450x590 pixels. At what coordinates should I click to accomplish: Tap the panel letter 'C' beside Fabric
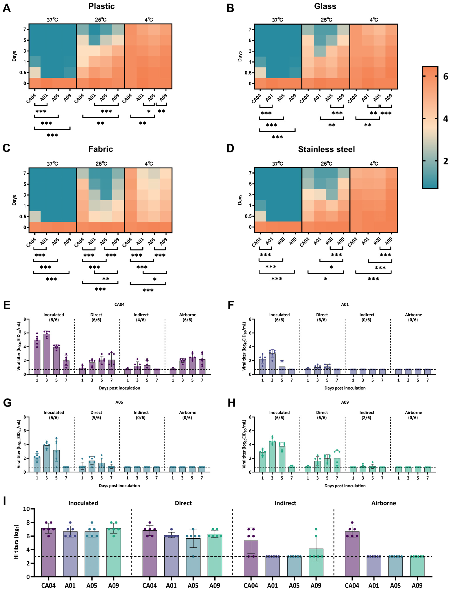coord(6,148)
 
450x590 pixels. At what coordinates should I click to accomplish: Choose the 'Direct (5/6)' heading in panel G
coord(96,415)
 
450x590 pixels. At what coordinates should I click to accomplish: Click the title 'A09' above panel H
coord(345,402)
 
